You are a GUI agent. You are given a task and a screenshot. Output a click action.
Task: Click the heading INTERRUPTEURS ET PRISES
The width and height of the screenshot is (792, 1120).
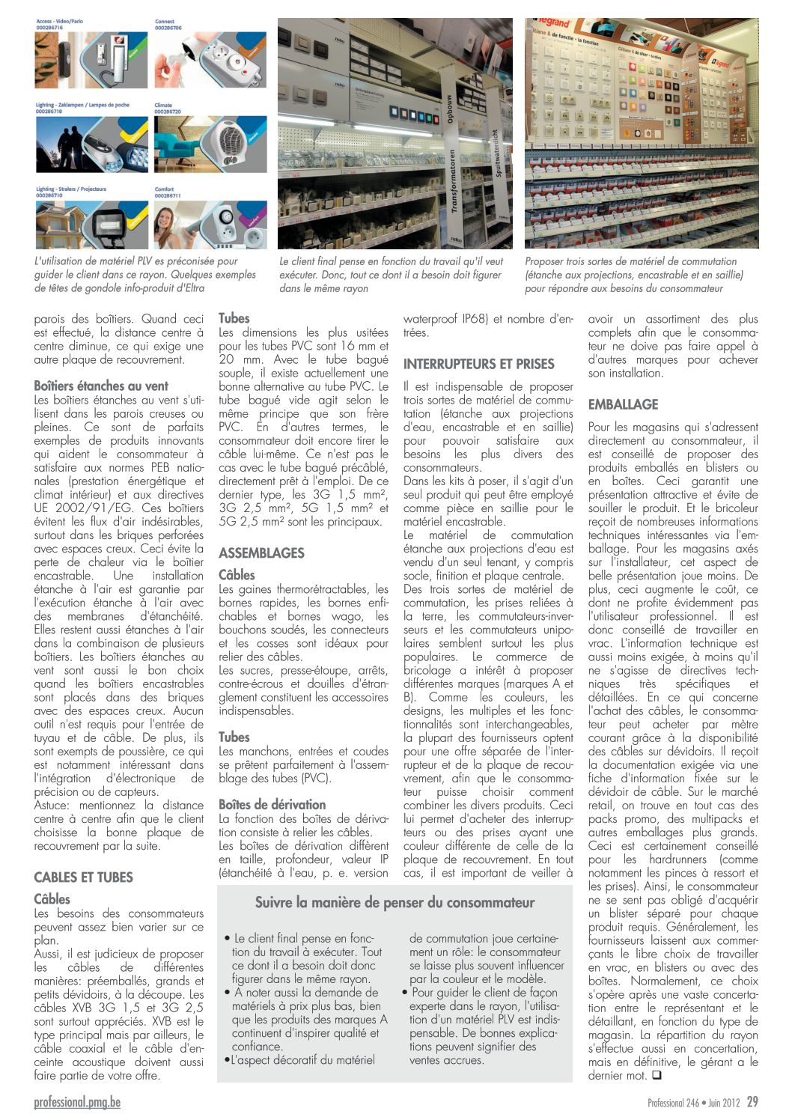click(478, 365)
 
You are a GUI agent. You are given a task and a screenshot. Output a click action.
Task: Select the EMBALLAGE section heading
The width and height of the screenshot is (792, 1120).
click(623, 404)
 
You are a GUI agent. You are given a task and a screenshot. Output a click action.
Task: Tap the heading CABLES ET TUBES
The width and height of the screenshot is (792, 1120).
click(83, 877)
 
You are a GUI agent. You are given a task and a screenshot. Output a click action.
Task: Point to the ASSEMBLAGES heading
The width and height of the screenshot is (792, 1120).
click(261, 553)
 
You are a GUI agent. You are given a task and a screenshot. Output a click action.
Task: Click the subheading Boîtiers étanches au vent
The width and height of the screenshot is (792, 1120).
click(101, 386)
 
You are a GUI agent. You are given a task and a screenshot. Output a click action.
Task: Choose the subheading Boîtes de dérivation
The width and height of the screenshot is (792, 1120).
click(272, 804)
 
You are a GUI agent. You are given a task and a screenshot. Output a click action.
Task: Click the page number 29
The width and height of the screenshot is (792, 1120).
click(752, 1102)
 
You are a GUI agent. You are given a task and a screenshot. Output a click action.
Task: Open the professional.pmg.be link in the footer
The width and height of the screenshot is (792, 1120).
click(77, 1102)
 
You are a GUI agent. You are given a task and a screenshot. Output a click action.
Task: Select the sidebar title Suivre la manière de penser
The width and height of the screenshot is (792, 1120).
click(395, 902)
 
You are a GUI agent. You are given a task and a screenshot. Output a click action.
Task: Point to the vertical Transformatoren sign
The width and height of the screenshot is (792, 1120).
click(454, 180)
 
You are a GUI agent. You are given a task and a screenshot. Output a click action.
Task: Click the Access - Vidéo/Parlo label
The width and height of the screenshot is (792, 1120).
click(59, 22)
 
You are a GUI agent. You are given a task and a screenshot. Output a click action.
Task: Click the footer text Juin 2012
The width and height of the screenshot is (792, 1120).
click(722, 1103)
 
